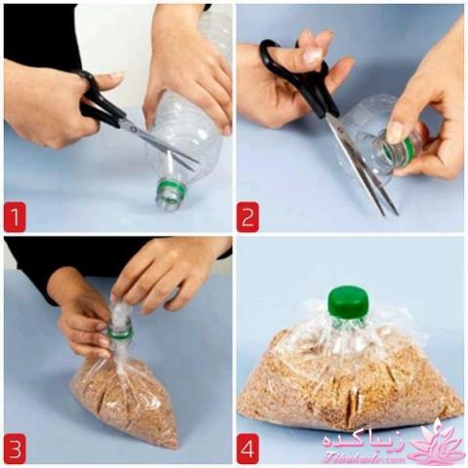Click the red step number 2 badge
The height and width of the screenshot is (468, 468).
(249, 216)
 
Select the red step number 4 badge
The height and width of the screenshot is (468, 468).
(248, 450)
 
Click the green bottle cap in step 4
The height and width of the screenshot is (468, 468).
(348, 301)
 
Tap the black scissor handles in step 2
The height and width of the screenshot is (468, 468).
(297, 68)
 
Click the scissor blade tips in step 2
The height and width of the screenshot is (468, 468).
(390, 208)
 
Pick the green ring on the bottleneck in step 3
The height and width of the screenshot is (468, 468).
(120, 331)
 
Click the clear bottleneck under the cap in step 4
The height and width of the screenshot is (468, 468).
(348, 331)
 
